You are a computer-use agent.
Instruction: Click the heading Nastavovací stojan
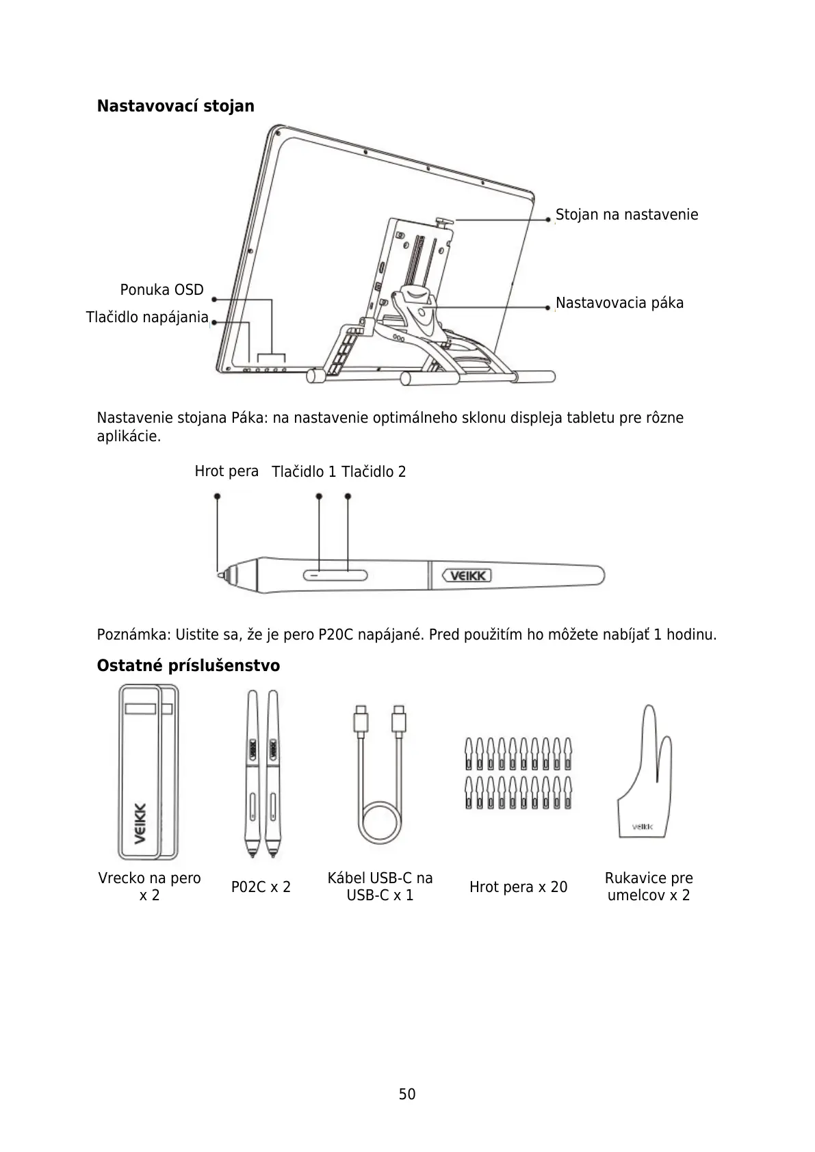tap(175, 106)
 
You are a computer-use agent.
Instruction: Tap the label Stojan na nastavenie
tap(626, 215)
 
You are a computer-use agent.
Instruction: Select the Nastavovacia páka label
tap(619, 303)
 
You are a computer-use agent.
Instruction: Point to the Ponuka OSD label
tap(161, 290)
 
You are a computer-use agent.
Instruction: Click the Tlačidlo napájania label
tap(146, 317)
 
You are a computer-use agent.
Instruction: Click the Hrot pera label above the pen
tap(227, 471)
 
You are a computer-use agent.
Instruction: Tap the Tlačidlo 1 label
tap(303, 472)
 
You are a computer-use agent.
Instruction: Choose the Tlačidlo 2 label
tap(374, 472)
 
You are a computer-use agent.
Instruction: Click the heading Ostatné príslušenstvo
tap(188, 666)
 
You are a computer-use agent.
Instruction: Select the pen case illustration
tap(147, 771)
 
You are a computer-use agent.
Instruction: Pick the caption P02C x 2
tap(261, 887)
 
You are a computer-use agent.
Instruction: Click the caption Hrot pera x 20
tap(518, 887)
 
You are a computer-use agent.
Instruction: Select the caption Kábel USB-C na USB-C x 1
tap(380, 887)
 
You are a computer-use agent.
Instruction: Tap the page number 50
tap(407, 1095)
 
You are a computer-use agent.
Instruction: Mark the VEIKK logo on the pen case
tap(139, 824)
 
